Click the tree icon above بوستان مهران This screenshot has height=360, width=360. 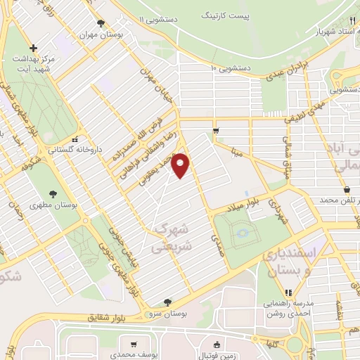pyautogui.click(x=103, y=22)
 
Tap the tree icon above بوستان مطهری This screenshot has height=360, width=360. pyautogui.click(x=54, y=193)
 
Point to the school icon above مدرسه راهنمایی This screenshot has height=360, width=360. pyautogui.click(x=287, y=292)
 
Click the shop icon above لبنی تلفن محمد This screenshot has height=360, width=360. pyautogui.click(x=347, y=190)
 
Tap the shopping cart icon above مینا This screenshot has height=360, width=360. pyautogui.click(x=216, y=131)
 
